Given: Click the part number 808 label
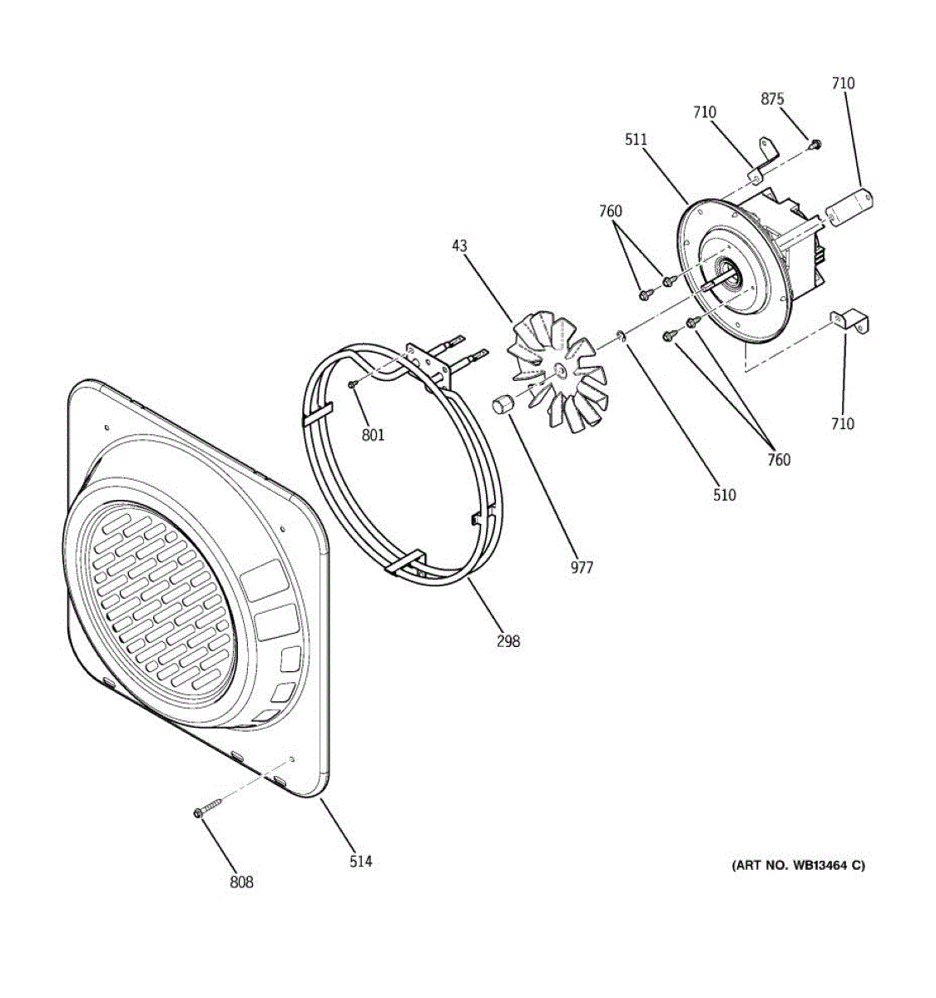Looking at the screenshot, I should [241, 882].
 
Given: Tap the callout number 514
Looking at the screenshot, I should [360, 862].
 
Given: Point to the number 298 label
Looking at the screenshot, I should [508, 640].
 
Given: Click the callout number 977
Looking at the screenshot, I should [582, 567].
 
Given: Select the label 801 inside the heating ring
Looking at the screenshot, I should [373, 434].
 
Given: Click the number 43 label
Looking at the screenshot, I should [459, 246].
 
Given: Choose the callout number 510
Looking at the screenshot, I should [724, 495].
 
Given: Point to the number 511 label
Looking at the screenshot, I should [636, 140].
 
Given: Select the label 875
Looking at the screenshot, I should [772, 99].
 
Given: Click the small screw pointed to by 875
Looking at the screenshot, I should [815, 145].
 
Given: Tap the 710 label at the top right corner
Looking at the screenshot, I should [842, 83].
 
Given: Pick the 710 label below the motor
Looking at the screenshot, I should [842, 424].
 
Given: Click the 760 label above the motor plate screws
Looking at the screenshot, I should [610, 211].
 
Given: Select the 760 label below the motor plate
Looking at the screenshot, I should [779, 459].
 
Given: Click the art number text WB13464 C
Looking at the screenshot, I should [798, 866].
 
